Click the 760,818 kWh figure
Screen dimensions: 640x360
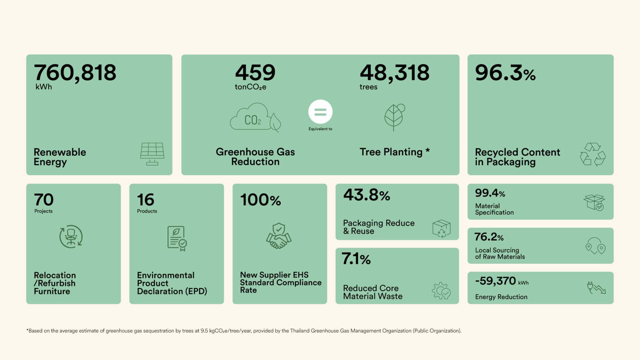coord(75,73)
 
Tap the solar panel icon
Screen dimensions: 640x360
coord(152,154)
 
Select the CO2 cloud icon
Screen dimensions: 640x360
coord(255,117)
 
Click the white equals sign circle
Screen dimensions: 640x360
coord(320,112)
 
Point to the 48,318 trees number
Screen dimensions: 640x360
coord(395,73)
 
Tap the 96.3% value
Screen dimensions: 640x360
coord(505,73)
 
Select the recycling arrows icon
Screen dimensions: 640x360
coord(593,154)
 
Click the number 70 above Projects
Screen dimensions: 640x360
coord(44,200)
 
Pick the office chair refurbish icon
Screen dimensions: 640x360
coord(71,236)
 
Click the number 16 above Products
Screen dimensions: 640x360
coord(146,200)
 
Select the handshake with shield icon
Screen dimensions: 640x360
coord(279,236)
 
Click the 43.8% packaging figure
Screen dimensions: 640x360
coord(367,195)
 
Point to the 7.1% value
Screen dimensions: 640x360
coord(356,259)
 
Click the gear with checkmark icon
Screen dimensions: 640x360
coord(441,291)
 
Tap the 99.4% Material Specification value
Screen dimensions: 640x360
coord(490,193)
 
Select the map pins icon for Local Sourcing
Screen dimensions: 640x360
coord(596,246)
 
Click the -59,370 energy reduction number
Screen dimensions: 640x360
coord(496,281)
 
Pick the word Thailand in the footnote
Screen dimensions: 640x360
coord(300,331)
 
